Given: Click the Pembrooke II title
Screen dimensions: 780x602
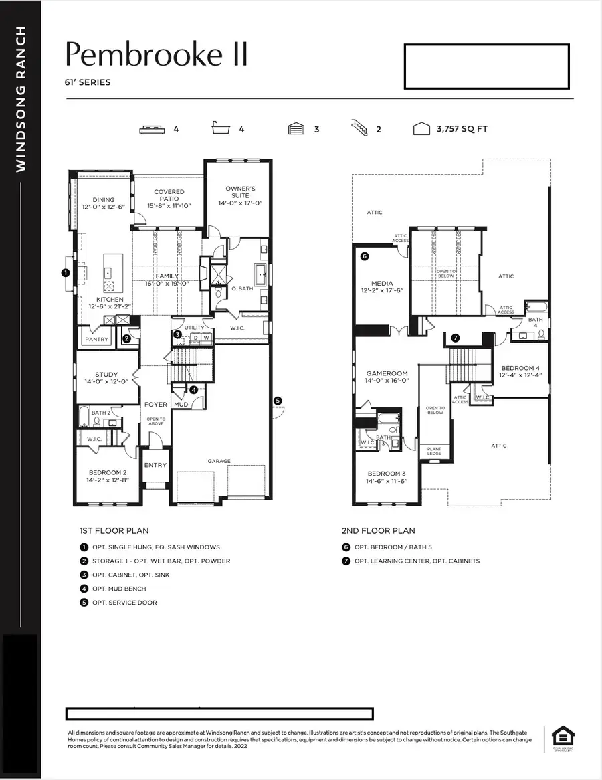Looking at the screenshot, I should pyautogui.click(x=157, y=55).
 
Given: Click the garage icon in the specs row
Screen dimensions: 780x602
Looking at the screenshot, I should pyautogui.click(x=296, y=129).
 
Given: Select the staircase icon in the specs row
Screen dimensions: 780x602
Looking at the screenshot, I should pyautogui.click(x=361, y=128).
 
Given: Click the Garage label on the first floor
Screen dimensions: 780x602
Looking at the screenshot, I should pyautogui.click(x=219, y=461).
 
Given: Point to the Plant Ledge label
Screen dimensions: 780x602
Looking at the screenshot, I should pyautogui.click(x=435, y=452).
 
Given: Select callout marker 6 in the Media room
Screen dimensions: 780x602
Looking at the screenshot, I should pyautogui.click(x=365, y=256).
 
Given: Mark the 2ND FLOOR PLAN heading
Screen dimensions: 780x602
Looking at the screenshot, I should pyautogui.click(x=379, y=531).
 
